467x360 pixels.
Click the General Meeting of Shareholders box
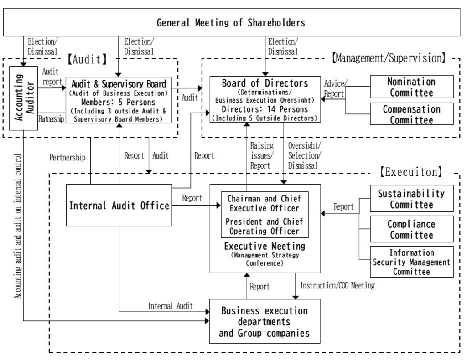click(x=231, y=22)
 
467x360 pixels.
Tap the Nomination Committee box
click(x=411, y=87)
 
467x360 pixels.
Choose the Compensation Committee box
click(x=411, y=114)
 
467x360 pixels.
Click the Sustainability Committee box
click(x=411, y=199)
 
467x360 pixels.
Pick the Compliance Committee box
click(x=411, y=229)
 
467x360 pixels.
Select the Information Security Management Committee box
click(x=411, y=262)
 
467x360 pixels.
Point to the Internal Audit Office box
click(x=119, y=206)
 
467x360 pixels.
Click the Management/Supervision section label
click(x=389, y=58)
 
